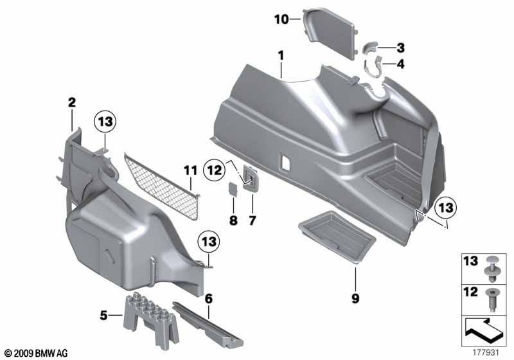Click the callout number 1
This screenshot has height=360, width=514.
coord(281,56)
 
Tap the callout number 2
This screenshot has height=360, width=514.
coord(72,102)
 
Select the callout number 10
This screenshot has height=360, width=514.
coord(281,19)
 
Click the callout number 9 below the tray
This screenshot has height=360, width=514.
coord(355,298)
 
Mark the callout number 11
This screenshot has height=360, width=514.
coord(188,170)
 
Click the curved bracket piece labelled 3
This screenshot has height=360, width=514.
coord(373,48)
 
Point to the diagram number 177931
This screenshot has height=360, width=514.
coord(492,352)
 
